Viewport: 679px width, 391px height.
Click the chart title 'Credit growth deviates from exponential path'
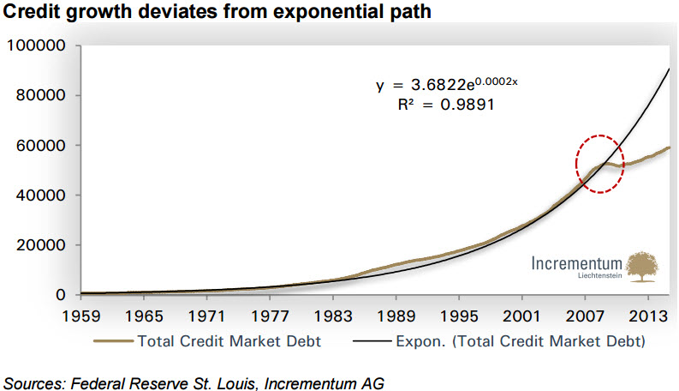pyautogui.click(x=214, y=12)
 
